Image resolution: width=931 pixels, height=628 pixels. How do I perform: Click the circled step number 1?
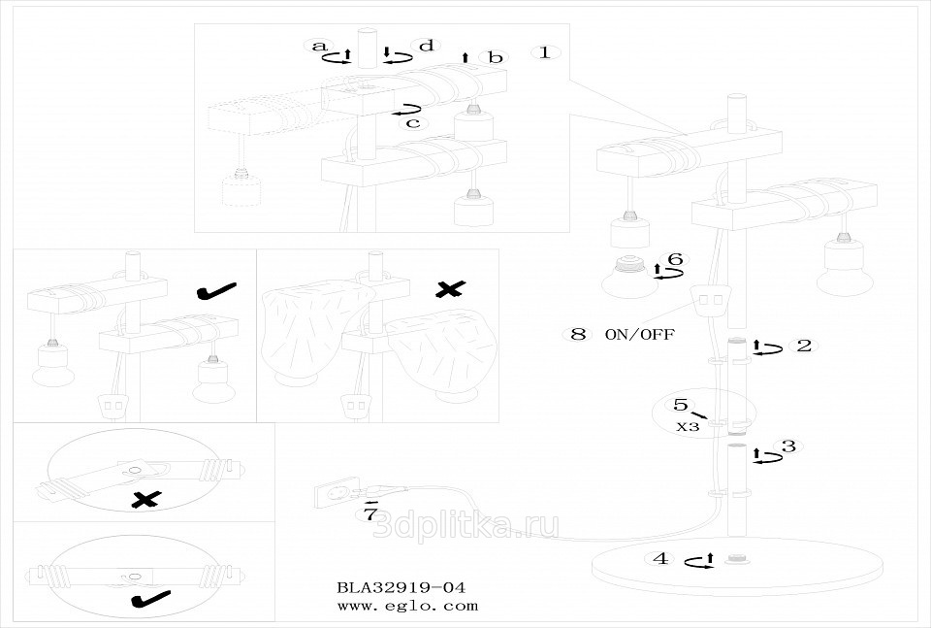click(545, 52)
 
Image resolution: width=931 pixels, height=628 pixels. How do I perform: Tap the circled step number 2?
click(804, 345)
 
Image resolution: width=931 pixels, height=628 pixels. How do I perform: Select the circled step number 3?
click(788, 446)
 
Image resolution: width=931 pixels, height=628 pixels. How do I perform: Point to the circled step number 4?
click(660, 558)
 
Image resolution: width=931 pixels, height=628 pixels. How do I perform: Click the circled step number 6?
click(676, 259)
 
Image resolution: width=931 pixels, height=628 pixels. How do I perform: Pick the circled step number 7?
click(369, 514)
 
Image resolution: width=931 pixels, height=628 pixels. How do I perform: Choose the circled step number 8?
click(578, 334)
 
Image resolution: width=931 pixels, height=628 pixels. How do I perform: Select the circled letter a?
click(317, 46)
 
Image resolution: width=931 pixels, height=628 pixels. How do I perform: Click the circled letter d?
click(425, 46)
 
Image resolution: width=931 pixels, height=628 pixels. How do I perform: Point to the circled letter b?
click(496, 58)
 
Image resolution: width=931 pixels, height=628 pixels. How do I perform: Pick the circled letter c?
click(413, 122)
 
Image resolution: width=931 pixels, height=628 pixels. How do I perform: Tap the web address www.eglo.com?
click(407, 606)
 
